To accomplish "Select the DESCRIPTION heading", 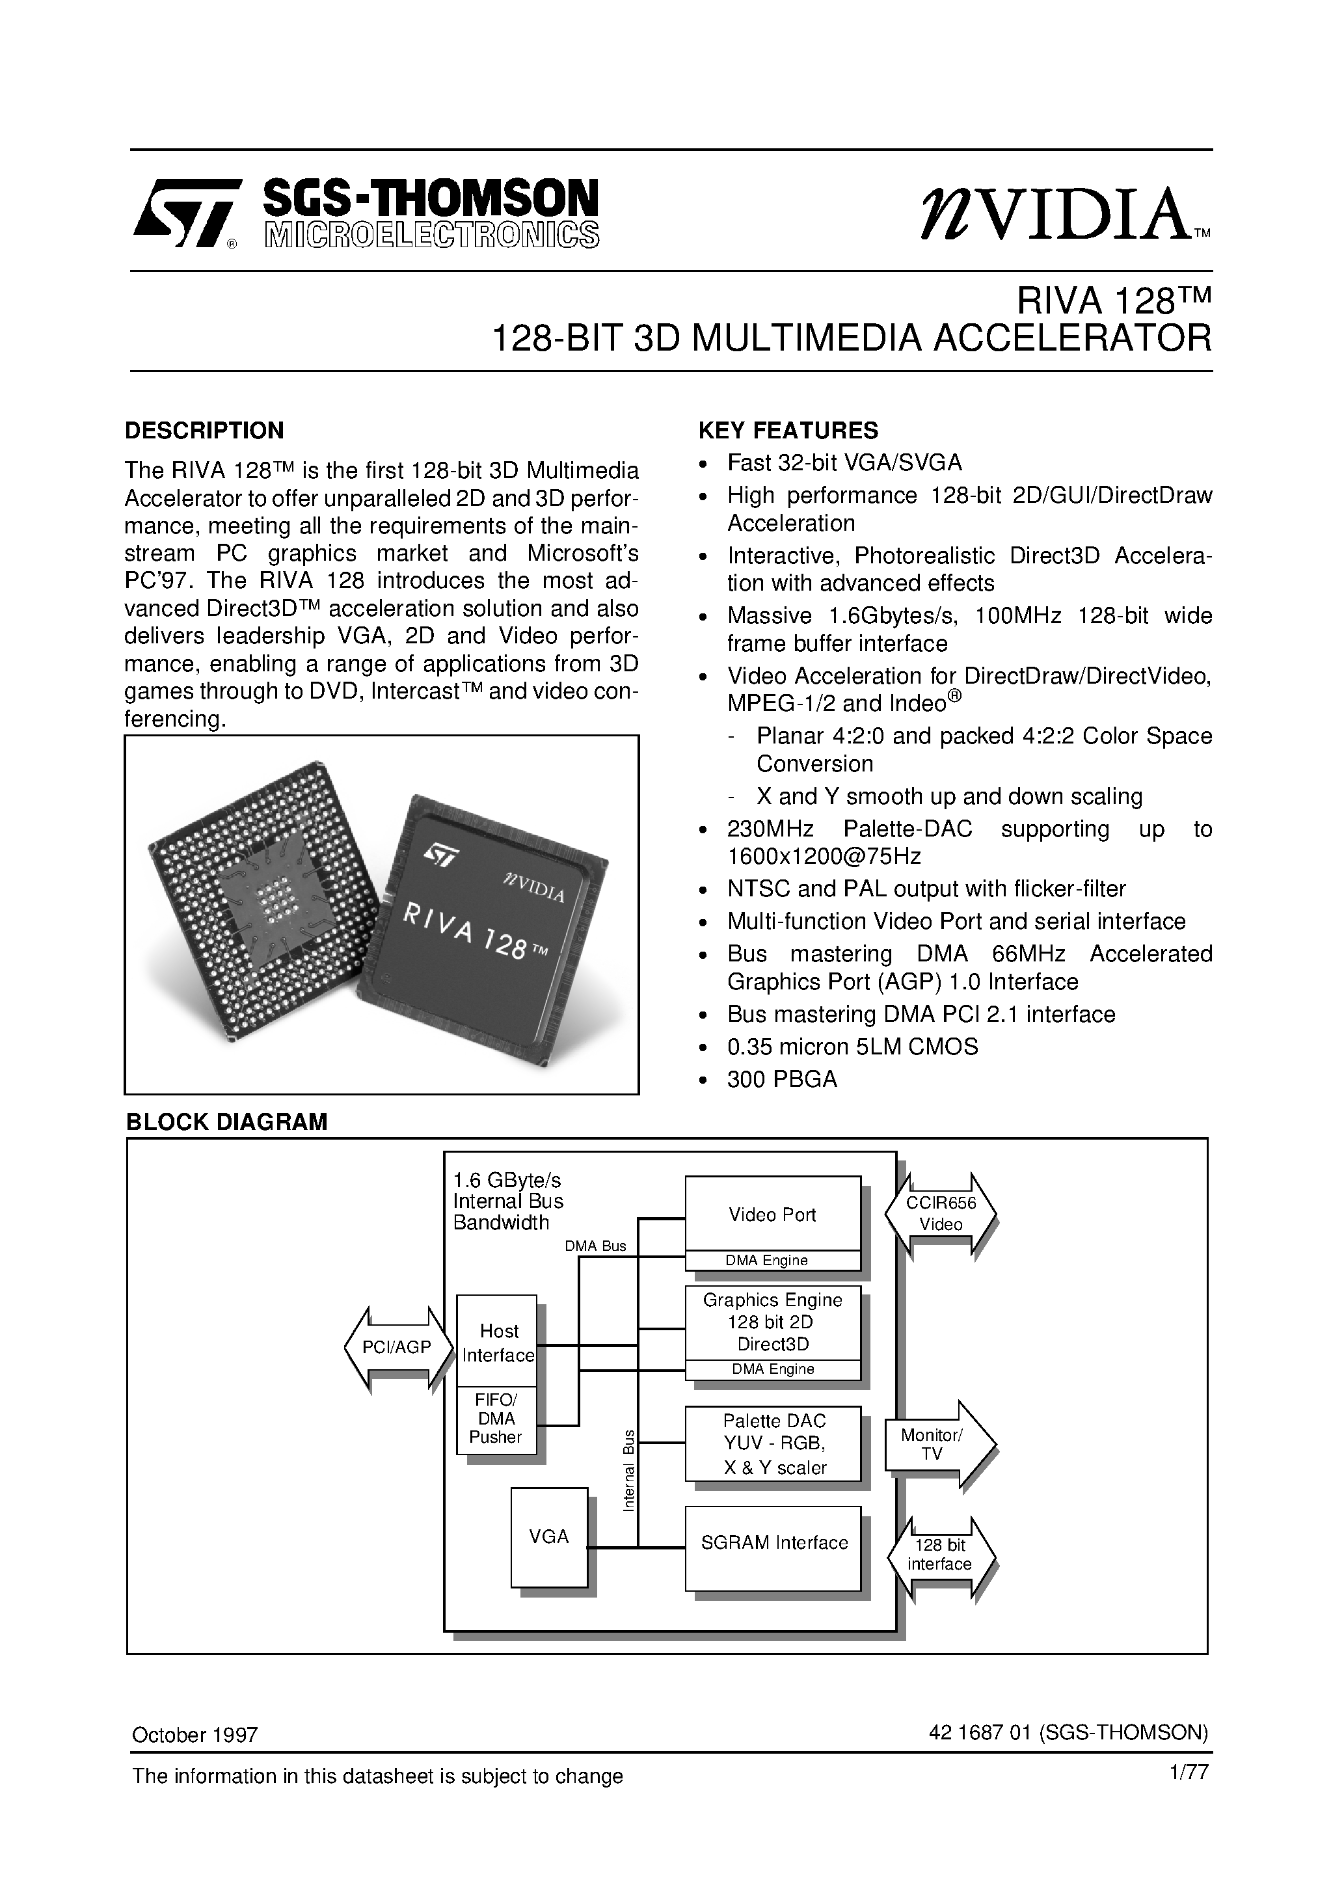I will (x=204, y=431).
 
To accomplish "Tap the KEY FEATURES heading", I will (x=788, y=431).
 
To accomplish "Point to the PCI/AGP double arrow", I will (x=397, y=1348).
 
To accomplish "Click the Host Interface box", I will (x=497, y=1343).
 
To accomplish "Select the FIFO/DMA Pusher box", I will (x=496, y=1420).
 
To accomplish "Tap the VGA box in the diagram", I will (x=548, y=1536).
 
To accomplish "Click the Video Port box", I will (x=772, y=1214).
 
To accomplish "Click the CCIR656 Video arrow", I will (x=941, y=1214).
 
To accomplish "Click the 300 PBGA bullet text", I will (x=781, y=1079).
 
